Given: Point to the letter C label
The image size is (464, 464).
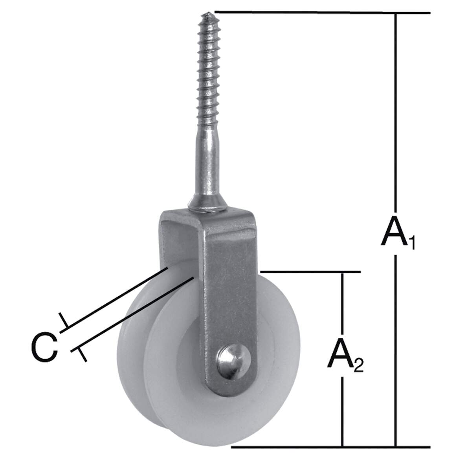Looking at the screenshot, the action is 44,347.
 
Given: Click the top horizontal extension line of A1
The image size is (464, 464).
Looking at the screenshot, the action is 323,13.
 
